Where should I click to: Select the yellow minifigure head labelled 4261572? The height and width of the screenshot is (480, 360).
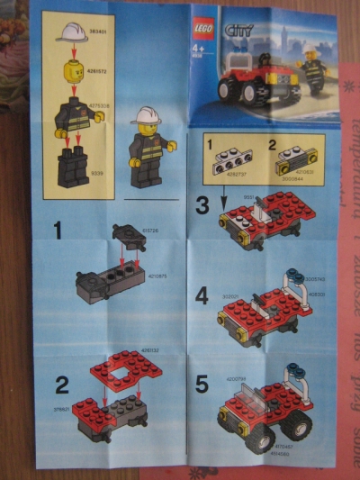click(x=72, y=69)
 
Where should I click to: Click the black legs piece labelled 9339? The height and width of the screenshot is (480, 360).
click(x=72, y=167)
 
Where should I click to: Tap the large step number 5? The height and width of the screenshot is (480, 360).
click(x=202, y=383)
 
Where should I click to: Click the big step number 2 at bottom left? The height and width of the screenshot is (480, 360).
click(x=61, y=385)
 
